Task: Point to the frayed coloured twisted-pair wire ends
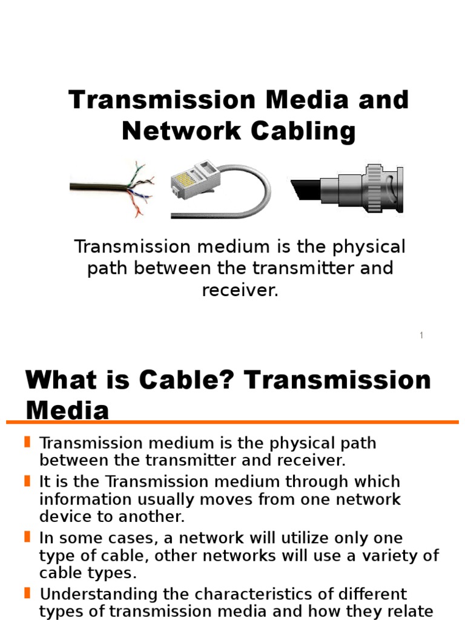coord(140,188)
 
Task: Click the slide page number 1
coord(421,335)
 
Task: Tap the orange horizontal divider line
coord(232,421)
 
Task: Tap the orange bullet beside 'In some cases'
coord(27,536)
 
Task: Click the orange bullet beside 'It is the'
coord(27,481)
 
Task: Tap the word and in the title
coord(383,99)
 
